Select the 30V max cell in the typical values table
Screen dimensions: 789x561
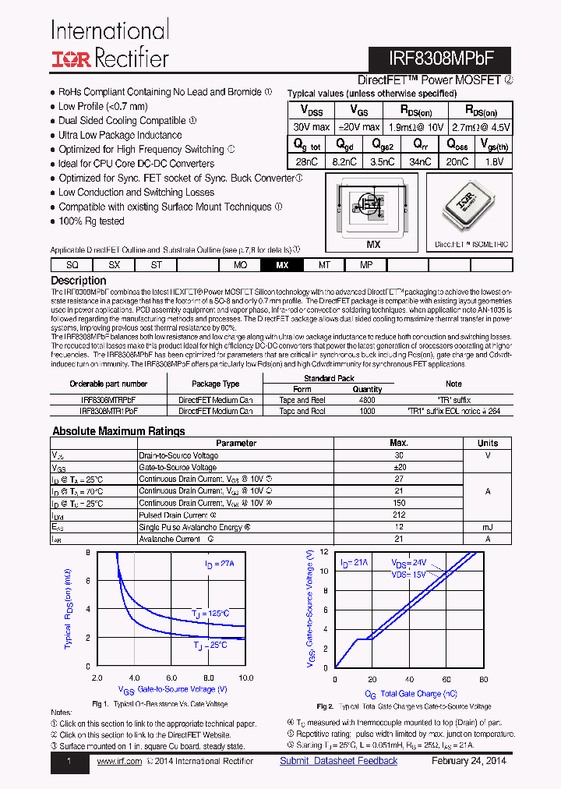point(311,126)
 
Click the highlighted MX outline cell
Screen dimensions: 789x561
point(282,265)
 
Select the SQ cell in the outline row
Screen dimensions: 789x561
point(72,265)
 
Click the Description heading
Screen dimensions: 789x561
point(79,281)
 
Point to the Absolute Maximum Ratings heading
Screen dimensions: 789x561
point(118,431)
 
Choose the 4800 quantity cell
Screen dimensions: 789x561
point(367,400)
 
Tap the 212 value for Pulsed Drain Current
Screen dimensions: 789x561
point(399,515)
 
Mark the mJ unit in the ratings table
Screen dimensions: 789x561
point(487,528)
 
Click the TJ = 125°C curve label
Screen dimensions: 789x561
point(210,614)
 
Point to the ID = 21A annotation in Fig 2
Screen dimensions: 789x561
point(355,563)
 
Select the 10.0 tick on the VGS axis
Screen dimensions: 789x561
point(245,678)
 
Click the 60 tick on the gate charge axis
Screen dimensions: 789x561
point(447,679)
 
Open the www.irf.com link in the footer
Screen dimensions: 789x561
point(119,761)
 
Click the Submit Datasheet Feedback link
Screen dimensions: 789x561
point(339,761)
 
